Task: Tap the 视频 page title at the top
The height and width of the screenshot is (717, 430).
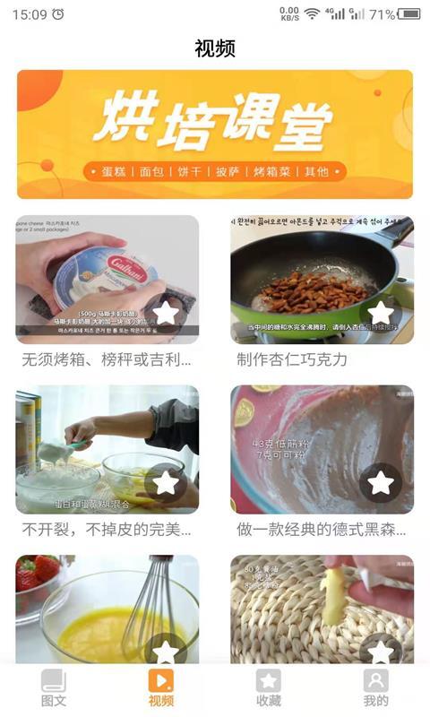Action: [x=215, y=48]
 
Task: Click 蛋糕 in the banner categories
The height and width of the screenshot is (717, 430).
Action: [x=115, y=171]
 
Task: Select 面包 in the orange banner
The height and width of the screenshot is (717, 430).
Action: [x=153, y=171]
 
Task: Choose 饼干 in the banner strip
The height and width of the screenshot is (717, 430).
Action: [x=191, y=171]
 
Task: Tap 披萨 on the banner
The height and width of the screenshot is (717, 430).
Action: [x=228, y=171]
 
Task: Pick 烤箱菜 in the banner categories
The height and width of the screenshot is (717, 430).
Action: [x=272, y=171]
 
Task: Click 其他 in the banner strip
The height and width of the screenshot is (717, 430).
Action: [x=317, y=171]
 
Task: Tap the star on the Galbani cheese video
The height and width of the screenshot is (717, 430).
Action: [x=166, y=313]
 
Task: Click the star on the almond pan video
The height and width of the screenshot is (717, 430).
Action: [x=381, y=313]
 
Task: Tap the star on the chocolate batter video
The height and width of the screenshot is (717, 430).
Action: [x=381, y=482]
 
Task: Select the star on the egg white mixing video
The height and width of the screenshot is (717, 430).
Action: [x=166, y=482]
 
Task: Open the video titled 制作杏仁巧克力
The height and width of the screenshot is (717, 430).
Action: [x=292, y=359]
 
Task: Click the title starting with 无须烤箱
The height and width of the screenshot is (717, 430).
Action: [x=107, y=359]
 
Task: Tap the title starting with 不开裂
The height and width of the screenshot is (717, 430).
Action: [x=107, y=529]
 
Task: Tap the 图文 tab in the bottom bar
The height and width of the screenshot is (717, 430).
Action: [x=54, y=687]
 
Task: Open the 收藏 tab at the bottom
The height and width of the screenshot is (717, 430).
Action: [x=269, y=687]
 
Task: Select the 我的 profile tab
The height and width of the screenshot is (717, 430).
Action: [x=376, y=687]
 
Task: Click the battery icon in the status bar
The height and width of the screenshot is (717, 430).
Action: [x=409, y=14]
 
